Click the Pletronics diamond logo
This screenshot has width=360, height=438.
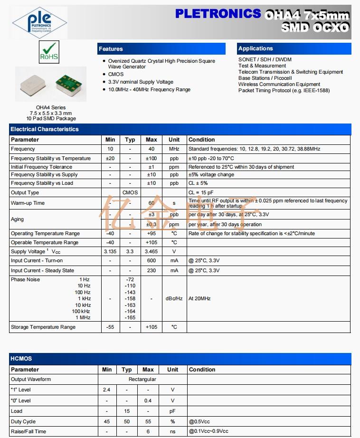coord(39,22)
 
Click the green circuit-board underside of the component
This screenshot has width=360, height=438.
coord(69,85)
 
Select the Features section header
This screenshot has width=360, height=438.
coord(111,49)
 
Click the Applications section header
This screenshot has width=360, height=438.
coord(256,48)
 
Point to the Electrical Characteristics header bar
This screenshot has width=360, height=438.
coord(45,129)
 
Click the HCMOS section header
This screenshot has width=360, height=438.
coord(21,359)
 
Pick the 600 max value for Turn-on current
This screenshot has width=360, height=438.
coord(151,260)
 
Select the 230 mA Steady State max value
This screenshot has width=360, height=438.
coord(151,270)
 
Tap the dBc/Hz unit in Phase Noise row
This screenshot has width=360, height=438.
coord(174,298)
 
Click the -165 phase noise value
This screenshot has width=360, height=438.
coord(130,317)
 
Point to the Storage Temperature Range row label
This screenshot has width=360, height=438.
coord(43,327)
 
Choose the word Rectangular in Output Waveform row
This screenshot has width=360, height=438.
coord(142,380)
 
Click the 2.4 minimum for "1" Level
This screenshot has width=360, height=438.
coord(107,390)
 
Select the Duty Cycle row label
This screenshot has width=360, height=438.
coord(23,421)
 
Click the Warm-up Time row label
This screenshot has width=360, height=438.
coord(28,203)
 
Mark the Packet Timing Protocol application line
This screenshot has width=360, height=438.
coord(284,90)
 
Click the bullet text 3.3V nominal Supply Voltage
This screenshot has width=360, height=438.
coord(141,82)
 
